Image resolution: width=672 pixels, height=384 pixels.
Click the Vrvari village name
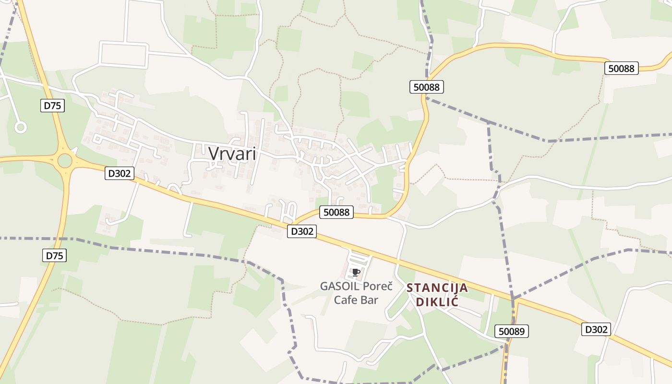point(232,153)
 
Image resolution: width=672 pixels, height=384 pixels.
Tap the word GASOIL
point(338,287)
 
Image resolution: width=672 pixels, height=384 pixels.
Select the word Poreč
point(377,287)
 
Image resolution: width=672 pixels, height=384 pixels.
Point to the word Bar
point(370,300)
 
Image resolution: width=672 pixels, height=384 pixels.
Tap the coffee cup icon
point(356,273)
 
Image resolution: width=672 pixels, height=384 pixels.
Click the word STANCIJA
point(437,288)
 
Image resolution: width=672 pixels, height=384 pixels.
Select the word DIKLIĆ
point(437,302)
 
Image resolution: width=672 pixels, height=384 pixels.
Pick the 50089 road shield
point(512,331)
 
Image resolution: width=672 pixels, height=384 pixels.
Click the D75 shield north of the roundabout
point(52,106)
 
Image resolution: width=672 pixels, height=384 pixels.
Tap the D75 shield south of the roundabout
point(55,255)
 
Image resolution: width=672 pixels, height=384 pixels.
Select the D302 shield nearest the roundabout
point(119,173)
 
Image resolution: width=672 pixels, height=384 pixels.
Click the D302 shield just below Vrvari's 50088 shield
point(302,231)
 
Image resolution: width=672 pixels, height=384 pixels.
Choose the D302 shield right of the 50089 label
point(597,329)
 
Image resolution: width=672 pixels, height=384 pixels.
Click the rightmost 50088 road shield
point(621,68)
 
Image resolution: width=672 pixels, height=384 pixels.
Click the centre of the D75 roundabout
point(64,161)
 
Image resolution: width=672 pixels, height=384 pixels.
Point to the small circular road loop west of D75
point(20,127)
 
